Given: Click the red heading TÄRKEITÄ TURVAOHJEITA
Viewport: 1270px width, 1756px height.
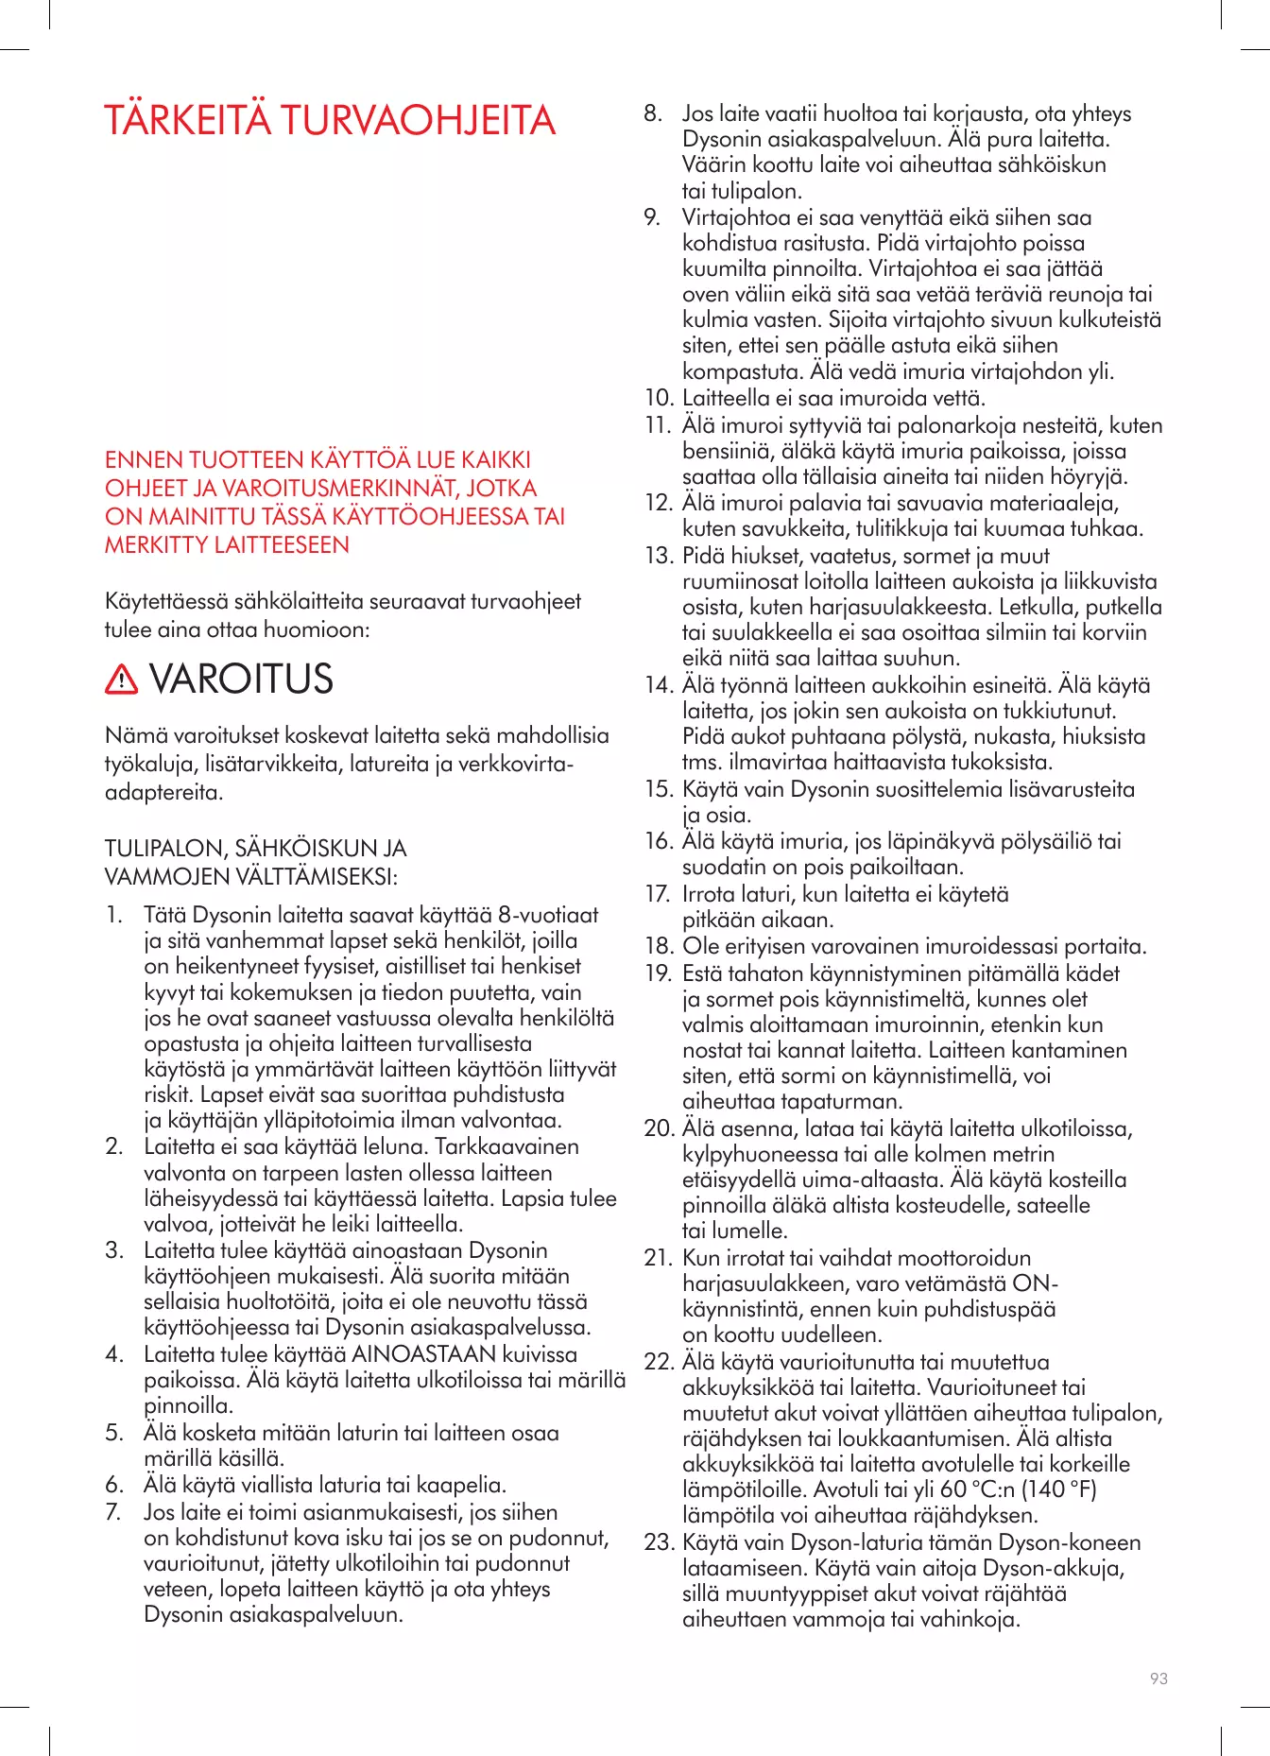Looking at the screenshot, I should tap(330, 121).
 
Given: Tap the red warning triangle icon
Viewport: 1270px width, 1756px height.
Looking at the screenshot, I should tap(122, 679).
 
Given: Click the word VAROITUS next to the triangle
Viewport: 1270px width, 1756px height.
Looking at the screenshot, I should tap(242, 679).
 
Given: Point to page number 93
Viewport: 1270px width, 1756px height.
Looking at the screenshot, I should tap(1158, 1679).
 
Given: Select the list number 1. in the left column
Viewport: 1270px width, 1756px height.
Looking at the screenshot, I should tap(114, 915).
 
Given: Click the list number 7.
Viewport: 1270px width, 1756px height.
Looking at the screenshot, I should tap(114, 1512).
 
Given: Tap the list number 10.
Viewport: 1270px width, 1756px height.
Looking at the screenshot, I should tap(659, 398).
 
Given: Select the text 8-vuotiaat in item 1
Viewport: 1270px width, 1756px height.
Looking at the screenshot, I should tap(548, 915).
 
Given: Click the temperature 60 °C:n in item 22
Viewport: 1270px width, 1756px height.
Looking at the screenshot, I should tap(978, 1489).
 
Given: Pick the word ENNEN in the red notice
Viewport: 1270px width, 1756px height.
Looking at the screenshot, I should tap(144, 460).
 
